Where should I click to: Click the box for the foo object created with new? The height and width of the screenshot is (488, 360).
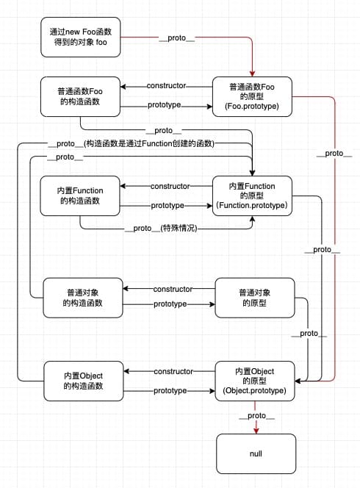(82, 38)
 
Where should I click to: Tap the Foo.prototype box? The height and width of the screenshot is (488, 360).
(253, 97)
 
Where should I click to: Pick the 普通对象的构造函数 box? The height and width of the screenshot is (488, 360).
(83, 298)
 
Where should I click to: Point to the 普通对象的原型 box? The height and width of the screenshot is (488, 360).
(254, 298)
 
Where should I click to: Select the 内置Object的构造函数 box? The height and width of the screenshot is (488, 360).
(83, 381)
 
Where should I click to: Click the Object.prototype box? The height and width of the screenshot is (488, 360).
(254, 381)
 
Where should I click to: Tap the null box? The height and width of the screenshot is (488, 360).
(256, 453)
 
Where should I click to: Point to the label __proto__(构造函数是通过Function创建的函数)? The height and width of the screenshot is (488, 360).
(130, 144)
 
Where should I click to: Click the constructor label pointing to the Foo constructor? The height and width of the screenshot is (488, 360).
(166, 87)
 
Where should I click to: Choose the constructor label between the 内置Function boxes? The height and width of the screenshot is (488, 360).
(170, 186)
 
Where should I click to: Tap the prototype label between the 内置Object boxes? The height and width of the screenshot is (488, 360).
(170, 391)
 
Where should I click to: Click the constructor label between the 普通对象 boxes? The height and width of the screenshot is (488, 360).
(173, 289)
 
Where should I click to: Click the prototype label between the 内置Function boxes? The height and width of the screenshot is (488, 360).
(168, 205)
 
